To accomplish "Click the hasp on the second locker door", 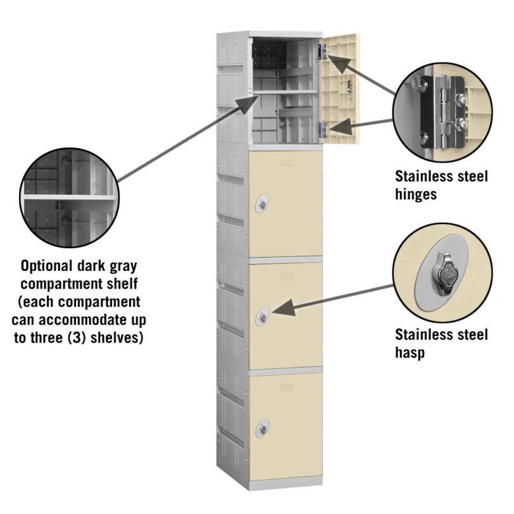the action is tap(262, 204).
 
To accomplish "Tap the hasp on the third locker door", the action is tap(263, 317).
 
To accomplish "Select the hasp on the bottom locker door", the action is tap(263, 428).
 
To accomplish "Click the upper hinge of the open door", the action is tap(323, 52).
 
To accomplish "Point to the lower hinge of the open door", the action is tap(323, 130).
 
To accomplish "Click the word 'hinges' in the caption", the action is tap(416, 194).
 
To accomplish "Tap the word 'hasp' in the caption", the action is tap(410, 353).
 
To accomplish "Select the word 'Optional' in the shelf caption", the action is tap(47, 266).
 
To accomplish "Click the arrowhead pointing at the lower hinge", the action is tap(341, 127).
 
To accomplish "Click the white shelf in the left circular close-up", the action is tap(69, 197).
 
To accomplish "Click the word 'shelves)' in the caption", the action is tap(117, 337).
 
